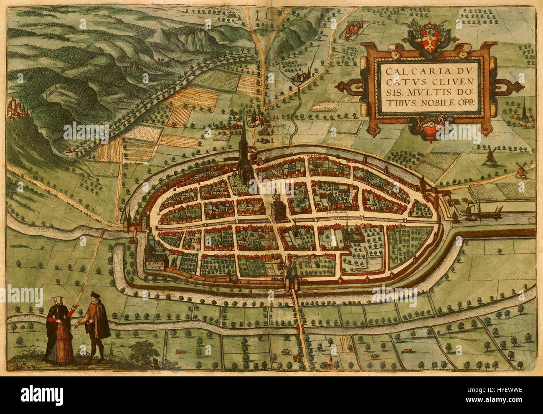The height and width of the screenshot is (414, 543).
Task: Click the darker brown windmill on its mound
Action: point(490,154)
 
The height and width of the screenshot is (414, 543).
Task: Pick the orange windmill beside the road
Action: point(521,169)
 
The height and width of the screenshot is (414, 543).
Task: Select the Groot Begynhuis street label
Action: point(338,212)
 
